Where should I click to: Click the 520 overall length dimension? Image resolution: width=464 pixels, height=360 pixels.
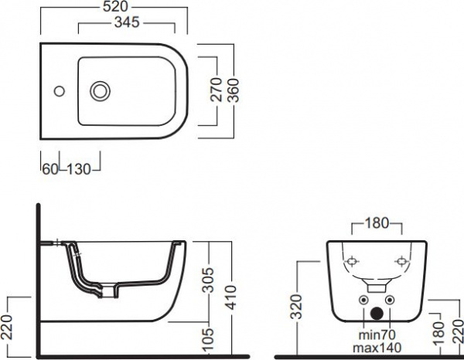[115, 7]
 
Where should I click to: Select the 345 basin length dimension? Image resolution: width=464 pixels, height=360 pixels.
[127, 22]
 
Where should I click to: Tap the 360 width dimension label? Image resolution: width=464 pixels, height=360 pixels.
[234, 90]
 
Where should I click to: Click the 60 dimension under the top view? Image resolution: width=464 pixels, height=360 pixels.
[50, 169]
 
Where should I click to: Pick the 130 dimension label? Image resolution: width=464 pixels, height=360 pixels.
[79, 169]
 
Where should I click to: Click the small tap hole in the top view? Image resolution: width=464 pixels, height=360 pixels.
[60, 91]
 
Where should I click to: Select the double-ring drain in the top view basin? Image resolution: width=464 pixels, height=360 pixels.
[101, 90]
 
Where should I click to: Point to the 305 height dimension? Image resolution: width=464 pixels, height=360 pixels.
[208, 280]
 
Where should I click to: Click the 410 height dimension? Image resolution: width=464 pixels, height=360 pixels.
[232, 297]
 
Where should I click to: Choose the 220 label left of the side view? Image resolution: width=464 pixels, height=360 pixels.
[6, 327]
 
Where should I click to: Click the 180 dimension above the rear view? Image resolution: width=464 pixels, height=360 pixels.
[377, 223]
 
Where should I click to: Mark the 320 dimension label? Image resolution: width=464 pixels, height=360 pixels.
[296, 307]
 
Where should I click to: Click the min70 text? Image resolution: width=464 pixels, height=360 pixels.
[377, 335]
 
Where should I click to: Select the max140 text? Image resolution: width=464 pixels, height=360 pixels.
[377, 348]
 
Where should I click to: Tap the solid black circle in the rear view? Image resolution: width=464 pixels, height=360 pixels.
[377, 314]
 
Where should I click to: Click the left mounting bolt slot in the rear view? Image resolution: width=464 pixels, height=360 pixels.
[352, 262]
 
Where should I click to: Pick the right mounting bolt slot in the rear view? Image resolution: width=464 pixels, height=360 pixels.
[401, 262]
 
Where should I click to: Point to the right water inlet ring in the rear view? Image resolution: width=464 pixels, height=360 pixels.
[390, 301]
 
